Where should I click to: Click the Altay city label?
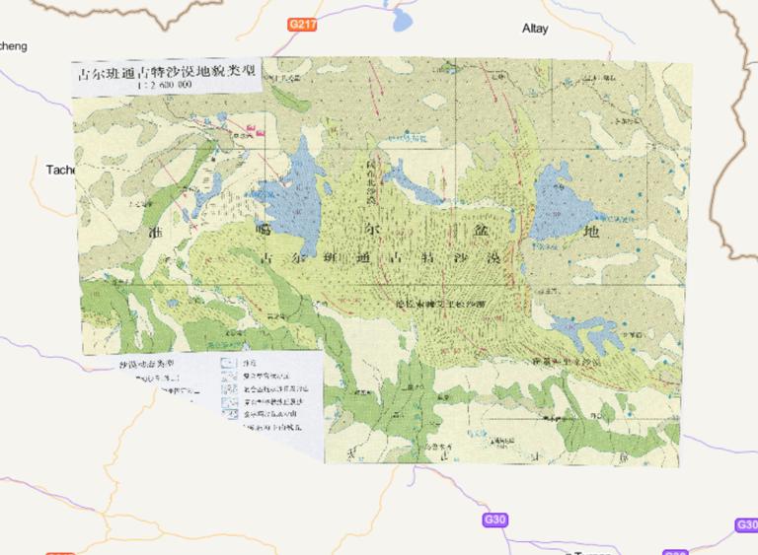pyautogui.click(x=535, y=29)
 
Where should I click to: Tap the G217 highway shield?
pyautogui.click(x=301, y=23)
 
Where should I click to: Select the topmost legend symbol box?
pyautogui.click(x=228, y=363)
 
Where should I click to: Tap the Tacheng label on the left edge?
pyautogui.click(x=59, y=170)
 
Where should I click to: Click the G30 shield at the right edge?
pyautogui.click(x=746, y=525)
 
